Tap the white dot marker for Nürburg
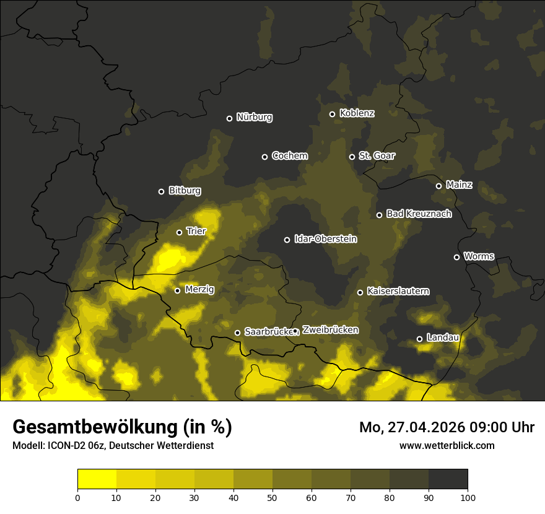[x=229, y=118]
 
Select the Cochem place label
[x=289, y=156]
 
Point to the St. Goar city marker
[x=352, y=157]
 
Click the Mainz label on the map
[x=459, y=185]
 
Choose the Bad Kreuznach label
[x=419, y=214]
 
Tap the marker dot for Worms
[x=456, y=257]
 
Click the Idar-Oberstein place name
[x=325, y=238]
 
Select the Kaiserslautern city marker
[x=360, y=292]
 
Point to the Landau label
[x=443, y=338]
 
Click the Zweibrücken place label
[x=330, y=330]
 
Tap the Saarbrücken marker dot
[x=237, y=333]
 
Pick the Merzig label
[x=199, y=289]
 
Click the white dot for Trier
[x=179, y=232]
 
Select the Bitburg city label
[x=185, y=191]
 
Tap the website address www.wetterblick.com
[x=447, y=445]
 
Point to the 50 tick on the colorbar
[x=272, y=497]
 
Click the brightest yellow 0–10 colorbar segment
[x=97, y=479]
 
